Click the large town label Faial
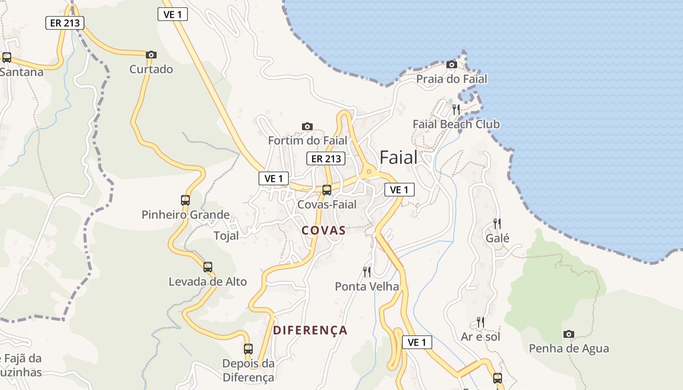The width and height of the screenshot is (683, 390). click(399, 157)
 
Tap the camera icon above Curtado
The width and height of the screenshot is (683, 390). click(151, 55)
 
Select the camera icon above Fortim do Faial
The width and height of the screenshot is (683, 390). click(307, 127)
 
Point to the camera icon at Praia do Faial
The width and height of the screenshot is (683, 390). click(452, 64)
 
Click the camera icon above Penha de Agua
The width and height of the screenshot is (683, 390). click(568, 334)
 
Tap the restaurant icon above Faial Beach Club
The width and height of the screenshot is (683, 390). click(456, 109)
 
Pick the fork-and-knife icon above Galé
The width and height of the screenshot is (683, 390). click(497, 224)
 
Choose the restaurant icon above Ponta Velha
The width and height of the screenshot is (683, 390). click(367, 272)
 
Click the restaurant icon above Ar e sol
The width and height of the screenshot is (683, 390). click(481, 322)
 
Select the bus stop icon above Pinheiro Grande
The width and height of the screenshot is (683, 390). click(185, 200)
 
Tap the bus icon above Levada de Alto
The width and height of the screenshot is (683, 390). click(208, 267)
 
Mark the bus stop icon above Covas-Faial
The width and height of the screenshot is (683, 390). click(327, 190)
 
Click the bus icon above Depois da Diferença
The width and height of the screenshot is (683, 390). click(248, 349)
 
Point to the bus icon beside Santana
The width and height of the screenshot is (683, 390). click(7, 57)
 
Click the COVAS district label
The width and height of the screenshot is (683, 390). click(323, 231)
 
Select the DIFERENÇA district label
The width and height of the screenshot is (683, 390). click(310, 330)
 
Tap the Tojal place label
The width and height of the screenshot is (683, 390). click(226, 236)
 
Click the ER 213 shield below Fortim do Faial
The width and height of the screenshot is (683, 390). click(326, 158)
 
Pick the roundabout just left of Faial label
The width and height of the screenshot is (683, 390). click(369, 172)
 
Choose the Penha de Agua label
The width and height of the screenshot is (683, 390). click(569, 349)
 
